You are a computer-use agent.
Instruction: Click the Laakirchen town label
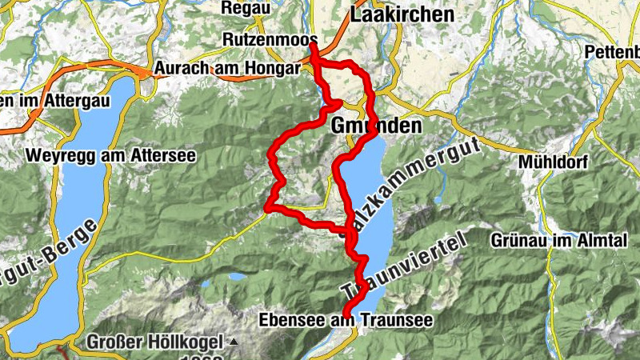pyautogui.click(x=402, y=14)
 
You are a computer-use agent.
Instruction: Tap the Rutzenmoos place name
pyautogui.click(x=271, y=40)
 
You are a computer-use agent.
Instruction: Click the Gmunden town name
pyautogui.click(x=376, y=126)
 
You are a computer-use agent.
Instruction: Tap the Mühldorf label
pyautogui.click(x=553, y=162)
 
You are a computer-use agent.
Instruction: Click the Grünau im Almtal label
pyautogui.click(x=547, y=240)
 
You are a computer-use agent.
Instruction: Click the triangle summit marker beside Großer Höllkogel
pyautogui.click(x=234, y=342)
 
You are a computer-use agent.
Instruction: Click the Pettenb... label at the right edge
pyautogui.click(x=612, y=52)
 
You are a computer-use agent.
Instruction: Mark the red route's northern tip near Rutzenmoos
pyautogui.click(x=313, y=44)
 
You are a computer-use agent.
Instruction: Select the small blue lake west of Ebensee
pyautogui.click(x=237, y=277)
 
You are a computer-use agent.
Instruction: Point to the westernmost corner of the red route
pyautogui.click(x=267, y=210)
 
